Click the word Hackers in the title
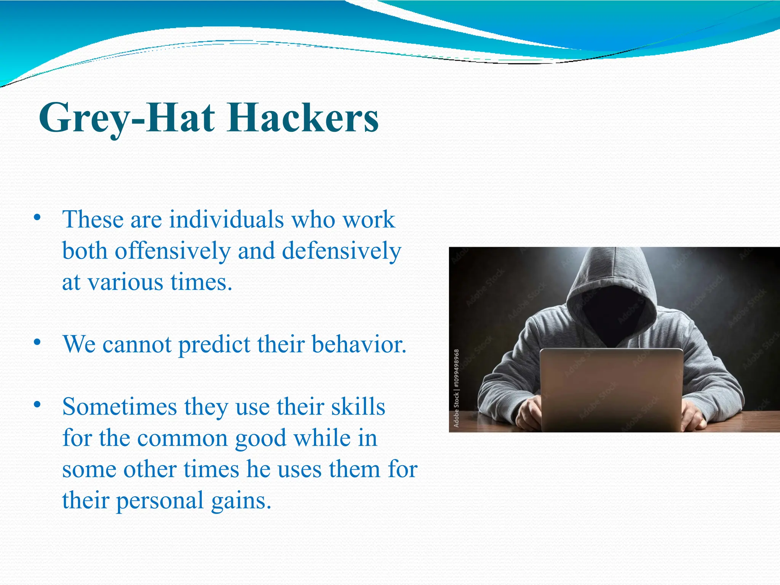point(303,118)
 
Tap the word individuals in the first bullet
point(226,220)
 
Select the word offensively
point(173,251)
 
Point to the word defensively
point(342,251)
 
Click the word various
point(126,283)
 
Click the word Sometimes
point(120,407)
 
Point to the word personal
point(160,500)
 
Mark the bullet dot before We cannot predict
point(37,342)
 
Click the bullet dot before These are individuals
point(37,217)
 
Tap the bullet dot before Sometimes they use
point(37,404)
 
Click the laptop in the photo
point(611,388)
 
